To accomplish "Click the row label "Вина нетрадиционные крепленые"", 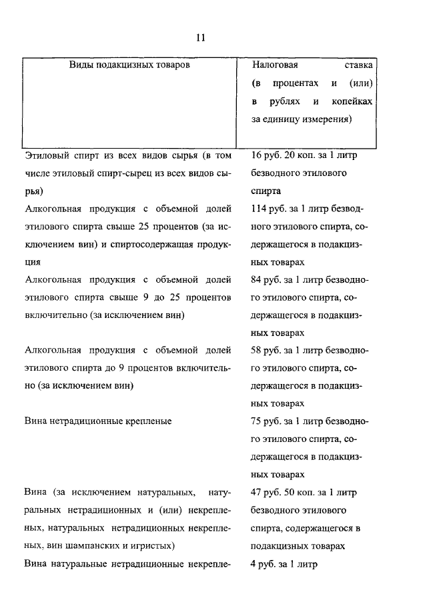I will (x=97, y=421).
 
